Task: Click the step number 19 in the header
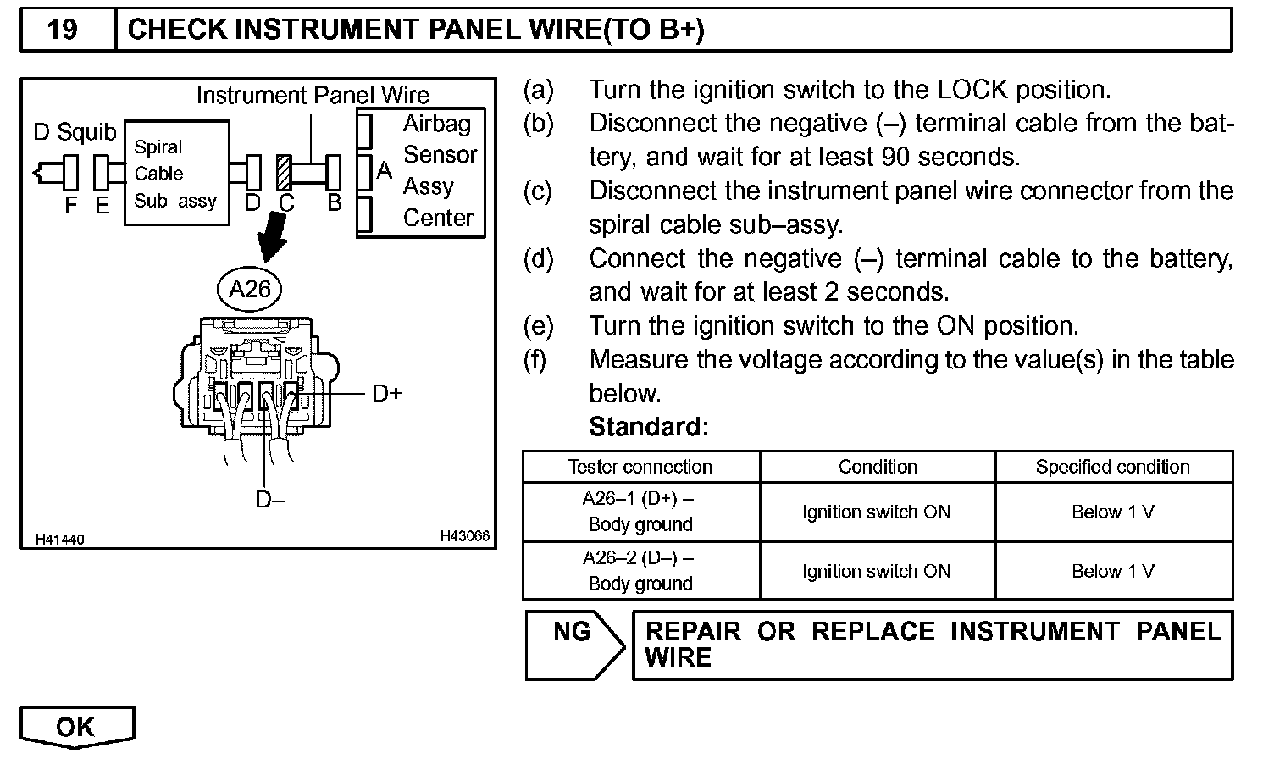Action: (x=63, y=30)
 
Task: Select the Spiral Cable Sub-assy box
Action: (x=176, y=173)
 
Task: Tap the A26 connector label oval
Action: (x=250, y=290)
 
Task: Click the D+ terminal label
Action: (x=386, y=394)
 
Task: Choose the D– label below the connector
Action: (x=270, y=500)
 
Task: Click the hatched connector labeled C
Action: (x=285, y=173)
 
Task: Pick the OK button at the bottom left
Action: (x=76, y=727)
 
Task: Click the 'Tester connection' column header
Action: (x=640, y=467)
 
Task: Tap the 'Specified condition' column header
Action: (x=1112, y=467)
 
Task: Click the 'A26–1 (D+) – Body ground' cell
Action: (x=640, y=512)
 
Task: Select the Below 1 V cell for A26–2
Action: (x=1112, y=571)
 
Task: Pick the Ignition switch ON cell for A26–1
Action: (x=877, y=512)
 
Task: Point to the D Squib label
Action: (x=75, y=132)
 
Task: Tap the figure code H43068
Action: (x=464, y=536)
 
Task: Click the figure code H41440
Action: (x=60, y=540)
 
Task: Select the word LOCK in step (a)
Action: (x=972, y=90)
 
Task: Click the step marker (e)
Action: (x=538, y=326)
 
